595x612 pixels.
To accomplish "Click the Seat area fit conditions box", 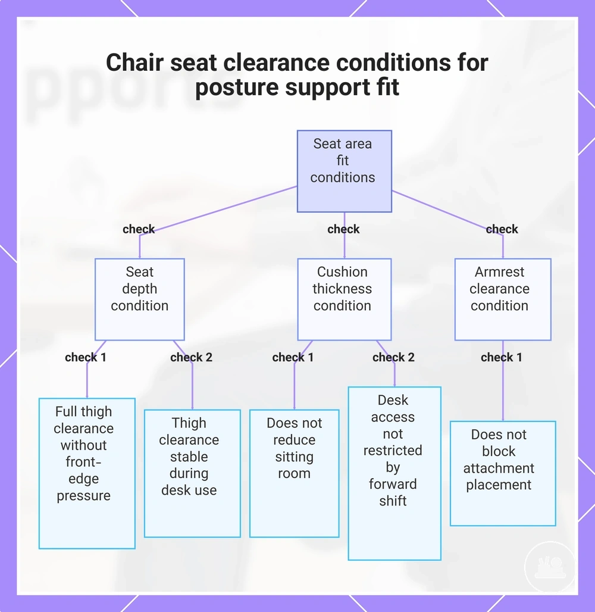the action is tap(344, 171).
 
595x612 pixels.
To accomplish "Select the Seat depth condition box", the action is tap(140, 299).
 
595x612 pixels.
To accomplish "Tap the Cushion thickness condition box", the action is tap(344, 299).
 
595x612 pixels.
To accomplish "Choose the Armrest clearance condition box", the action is tap(503, 299).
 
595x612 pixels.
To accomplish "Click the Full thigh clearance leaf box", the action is tap(87, 473).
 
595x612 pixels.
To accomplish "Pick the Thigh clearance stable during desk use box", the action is tap(192, 473).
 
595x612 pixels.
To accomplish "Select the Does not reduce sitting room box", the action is tap(294, 473).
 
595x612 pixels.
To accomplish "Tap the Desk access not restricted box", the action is tap(394, 473).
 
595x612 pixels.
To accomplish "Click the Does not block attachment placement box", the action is tap(503, 473).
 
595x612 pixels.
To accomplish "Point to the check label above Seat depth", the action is tap(139, 229).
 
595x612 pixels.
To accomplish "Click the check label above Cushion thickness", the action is tap(343, 229).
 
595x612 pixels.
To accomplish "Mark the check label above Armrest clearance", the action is tap(502, 229).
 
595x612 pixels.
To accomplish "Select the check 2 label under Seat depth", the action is tap(191, 357).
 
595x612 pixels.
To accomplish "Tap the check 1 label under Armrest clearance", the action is tap(502, 357).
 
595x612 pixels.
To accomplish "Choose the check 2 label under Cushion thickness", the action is tap(393, 357).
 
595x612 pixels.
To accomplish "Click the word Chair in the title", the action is tap(134, 63).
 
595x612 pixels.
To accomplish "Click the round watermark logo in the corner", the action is tap(550, 567).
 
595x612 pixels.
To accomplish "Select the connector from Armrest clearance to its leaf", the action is tap(503, 380).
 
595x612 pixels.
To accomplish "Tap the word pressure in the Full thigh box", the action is tap(83, 496).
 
